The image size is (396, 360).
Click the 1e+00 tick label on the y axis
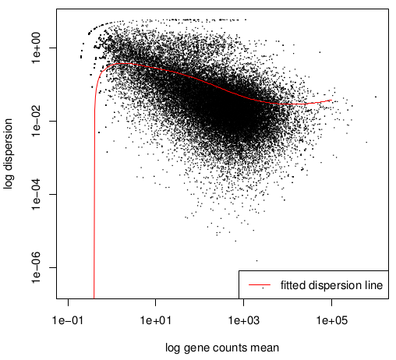click(37, 48)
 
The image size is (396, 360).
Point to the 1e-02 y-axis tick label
click(37, 121)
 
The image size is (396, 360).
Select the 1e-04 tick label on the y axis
click(37, 194)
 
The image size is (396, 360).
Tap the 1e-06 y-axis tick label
click(37, 267)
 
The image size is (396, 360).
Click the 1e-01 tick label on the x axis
click(68, 320)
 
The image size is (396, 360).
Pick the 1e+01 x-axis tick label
click(156, 320)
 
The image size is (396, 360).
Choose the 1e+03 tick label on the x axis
click(243, 320)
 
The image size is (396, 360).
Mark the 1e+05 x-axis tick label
click(331, 320)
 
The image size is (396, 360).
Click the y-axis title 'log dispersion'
click(9, 154)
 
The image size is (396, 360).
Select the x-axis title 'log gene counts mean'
click(222, 348)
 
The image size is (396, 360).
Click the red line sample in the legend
click(260, 285)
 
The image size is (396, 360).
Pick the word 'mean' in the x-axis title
click(267, 348)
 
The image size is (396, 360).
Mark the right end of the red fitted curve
click(332, 100)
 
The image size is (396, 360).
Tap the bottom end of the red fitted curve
click(94, 298)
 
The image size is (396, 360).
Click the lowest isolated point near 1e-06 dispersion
click(257, 260)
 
